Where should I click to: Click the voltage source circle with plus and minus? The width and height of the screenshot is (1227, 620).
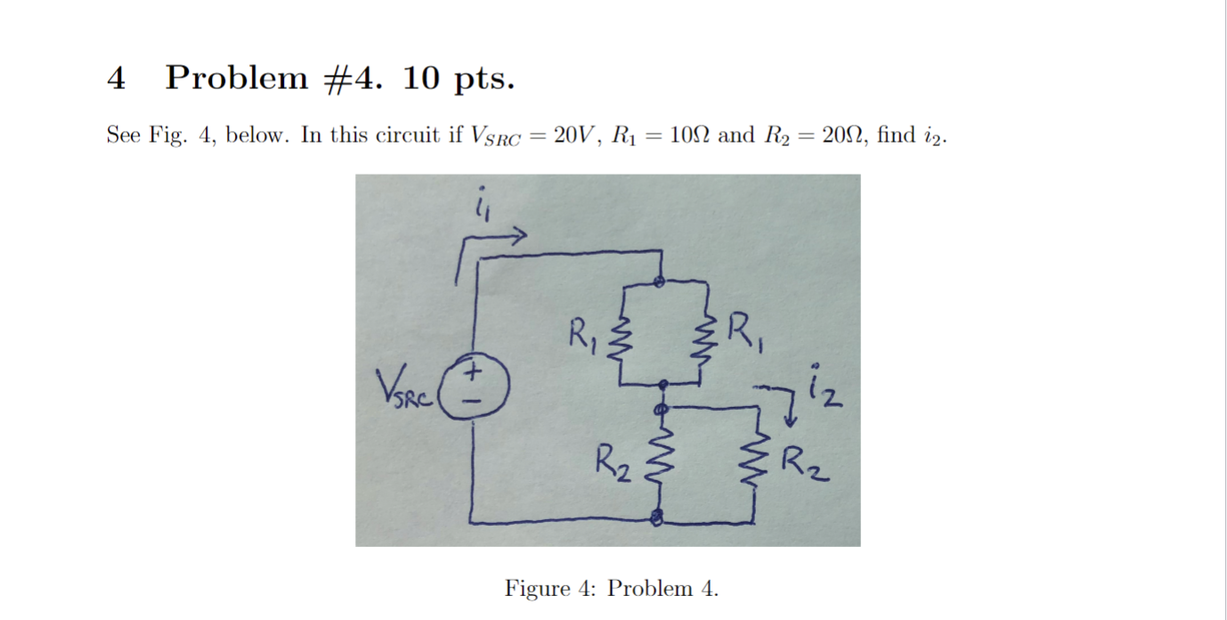[x=475, y=385]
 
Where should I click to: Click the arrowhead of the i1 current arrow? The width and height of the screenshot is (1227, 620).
[x=520, y=235]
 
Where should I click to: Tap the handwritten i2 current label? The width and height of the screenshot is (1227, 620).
[x=821, y=388]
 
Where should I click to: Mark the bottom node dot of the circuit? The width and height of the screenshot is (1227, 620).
[x=658, y=518]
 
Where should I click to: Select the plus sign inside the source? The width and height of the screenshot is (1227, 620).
[x=475, y=368]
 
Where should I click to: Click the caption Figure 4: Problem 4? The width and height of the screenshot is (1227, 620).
[x=611, y=588]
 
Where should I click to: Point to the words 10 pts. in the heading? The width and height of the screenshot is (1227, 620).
[x=458, y=78]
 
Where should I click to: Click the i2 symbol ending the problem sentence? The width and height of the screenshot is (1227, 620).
[x=937, y=136]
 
